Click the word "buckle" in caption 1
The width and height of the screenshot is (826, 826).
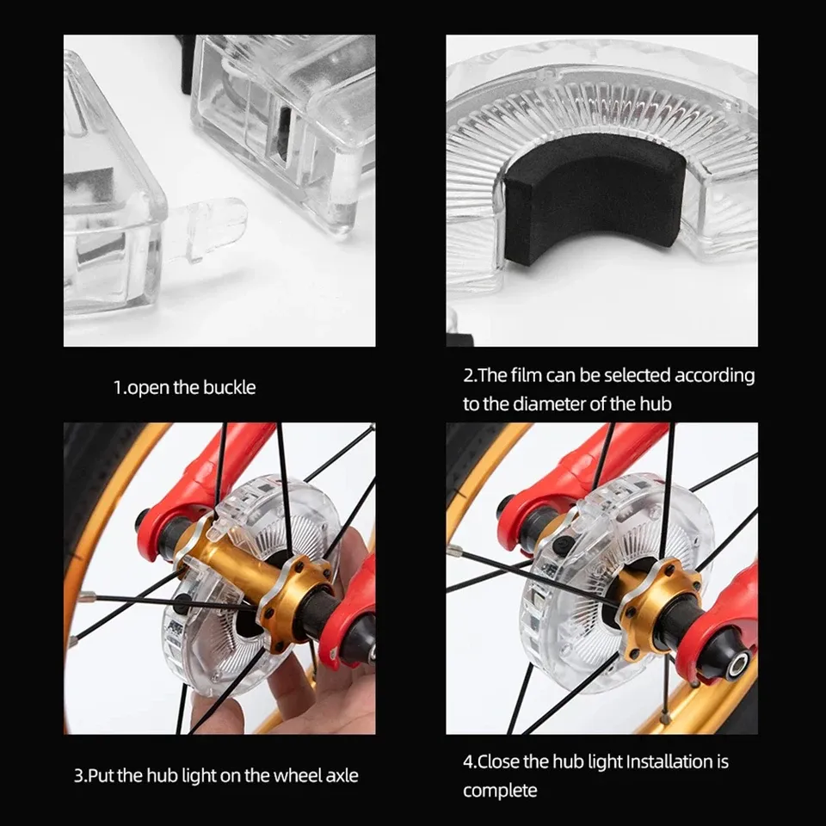pos(229,388)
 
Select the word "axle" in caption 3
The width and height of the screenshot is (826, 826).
pos(342,775)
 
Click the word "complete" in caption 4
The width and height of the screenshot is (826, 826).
pos(500,791)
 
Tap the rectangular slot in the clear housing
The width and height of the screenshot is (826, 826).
pos(283,135)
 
